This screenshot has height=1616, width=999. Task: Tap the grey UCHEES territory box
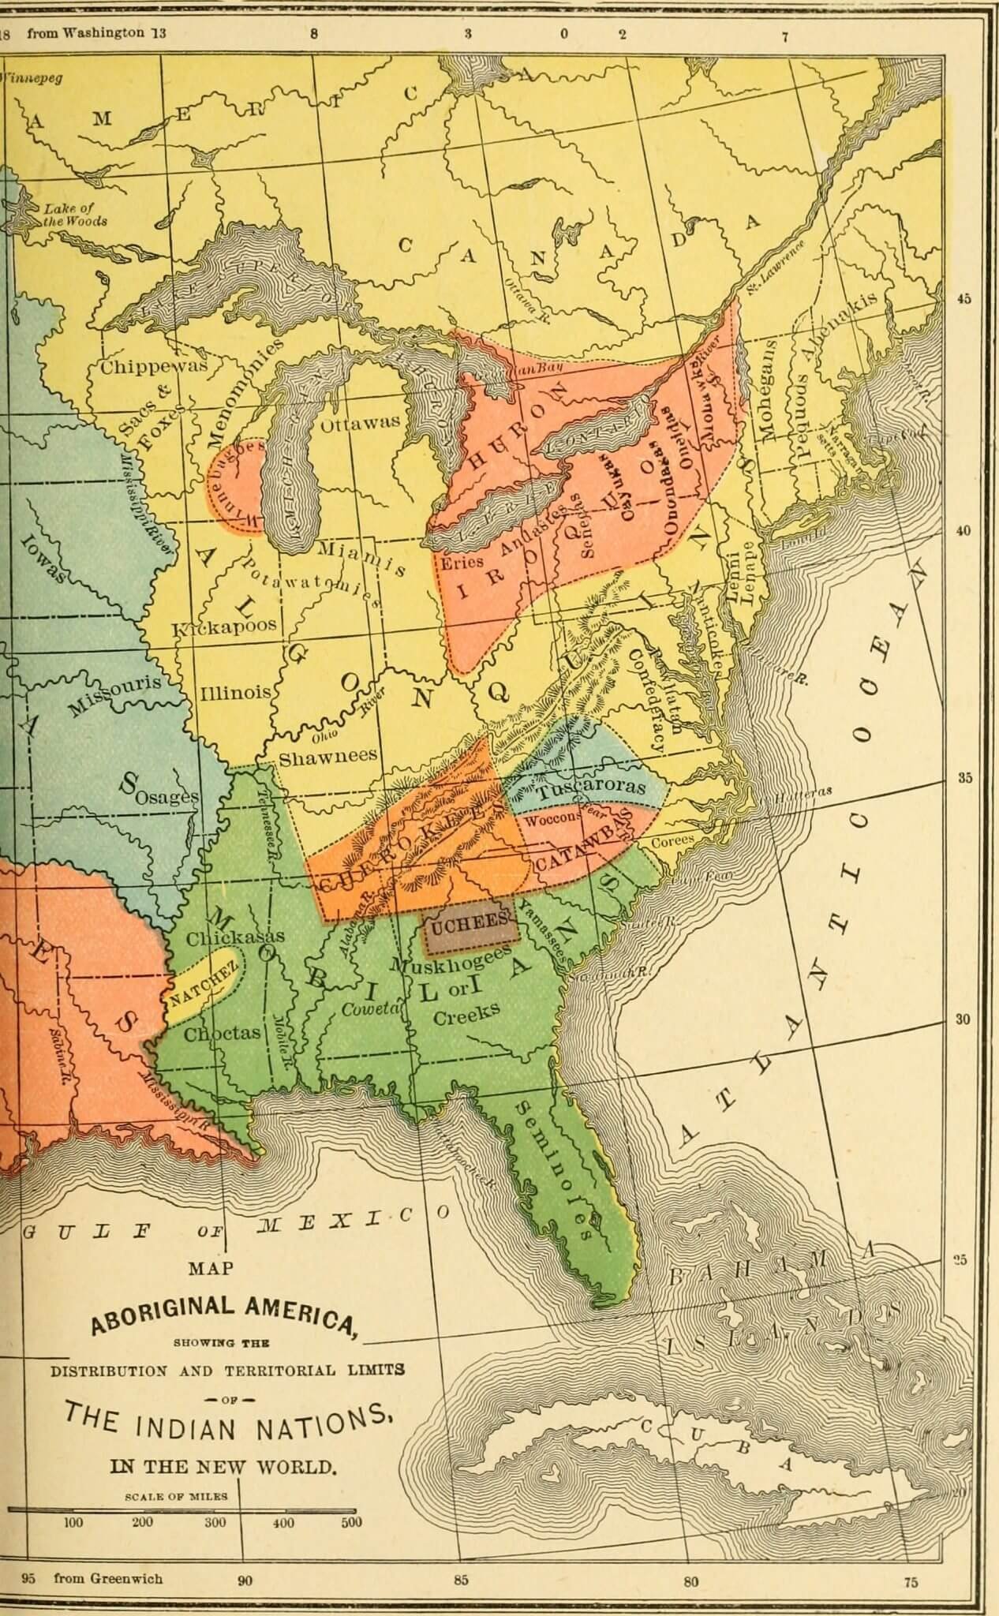[x=472, y=924]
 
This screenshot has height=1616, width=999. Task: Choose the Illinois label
[x=235, y=693]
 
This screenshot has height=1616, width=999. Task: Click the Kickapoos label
[x=225, y=627]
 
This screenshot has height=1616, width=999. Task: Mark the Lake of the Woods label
[x=74, y=215]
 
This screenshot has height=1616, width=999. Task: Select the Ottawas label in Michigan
[x=360, y=424]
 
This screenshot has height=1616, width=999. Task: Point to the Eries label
[x=462, y=563]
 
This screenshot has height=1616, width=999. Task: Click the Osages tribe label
[x=166, y=797]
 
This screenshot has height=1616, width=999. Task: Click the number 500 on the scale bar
[x=351, y=1522]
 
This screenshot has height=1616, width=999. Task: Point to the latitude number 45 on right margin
[x=964, y=299]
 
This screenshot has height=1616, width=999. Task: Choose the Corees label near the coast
[x=672, y=841]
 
